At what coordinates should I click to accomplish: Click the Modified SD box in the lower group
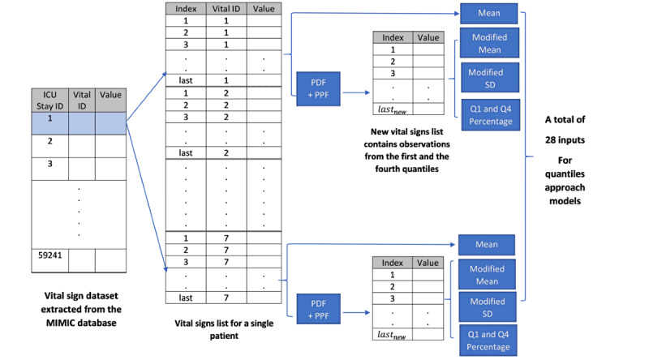coord(487,306)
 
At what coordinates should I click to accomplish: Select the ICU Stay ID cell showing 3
coord(50,165)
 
